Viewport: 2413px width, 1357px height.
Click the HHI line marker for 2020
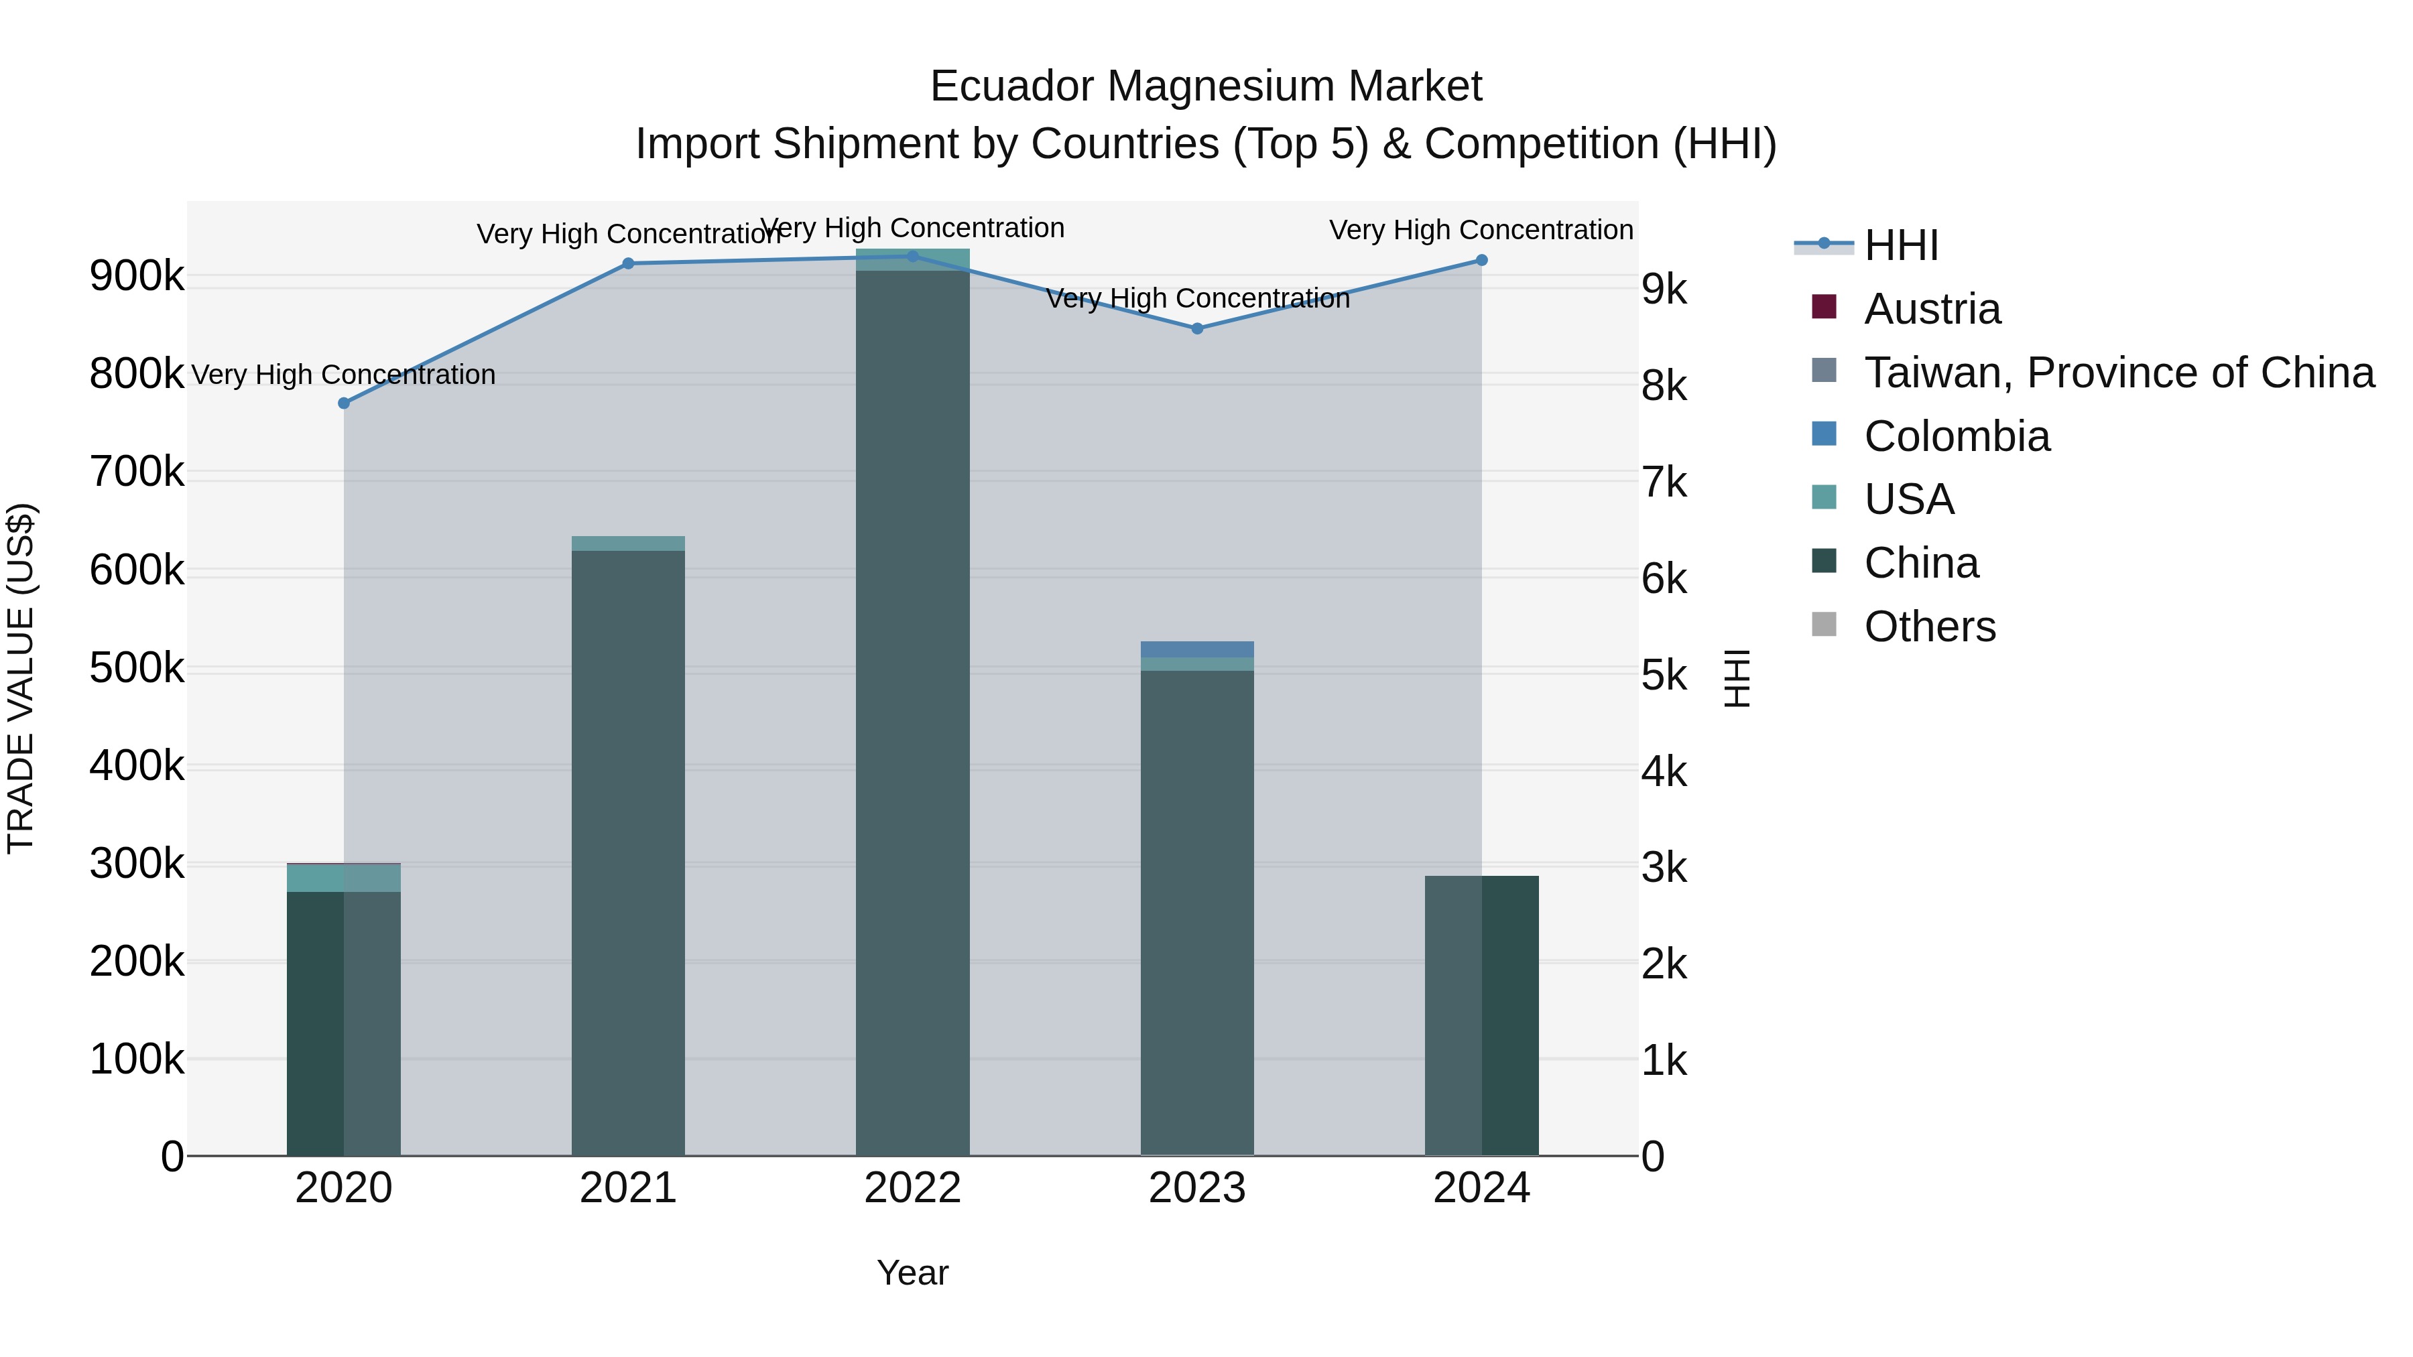(344, 403)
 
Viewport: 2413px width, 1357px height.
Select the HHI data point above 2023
(1197, 329)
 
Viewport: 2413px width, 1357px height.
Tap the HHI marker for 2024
(1481, 261)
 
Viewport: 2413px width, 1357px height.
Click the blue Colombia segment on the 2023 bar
(1196, 649)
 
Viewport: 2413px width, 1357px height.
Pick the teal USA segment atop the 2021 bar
(627, 543)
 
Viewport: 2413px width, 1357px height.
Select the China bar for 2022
(912, 712)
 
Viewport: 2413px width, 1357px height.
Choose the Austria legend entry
(1932, 309)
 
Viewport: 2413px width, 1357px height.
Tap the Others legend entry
(1930, 627)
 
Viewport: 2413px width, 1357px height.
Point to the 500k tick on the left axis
(137, 669)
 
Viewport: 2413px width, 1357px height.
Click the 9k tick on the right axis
(1664, 289)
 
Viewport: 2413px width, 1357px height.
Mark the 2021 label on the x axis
(627, 1188)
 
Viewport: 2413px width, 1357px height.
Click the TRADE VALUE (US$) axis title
(21, 678)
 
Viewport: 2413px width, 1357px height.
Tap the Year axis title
(912, 1273)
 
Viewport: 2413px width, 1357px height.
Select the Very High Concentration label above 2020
(344, 375)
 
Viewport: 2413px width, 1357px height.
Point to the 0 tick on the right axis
(1654, 1157)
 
